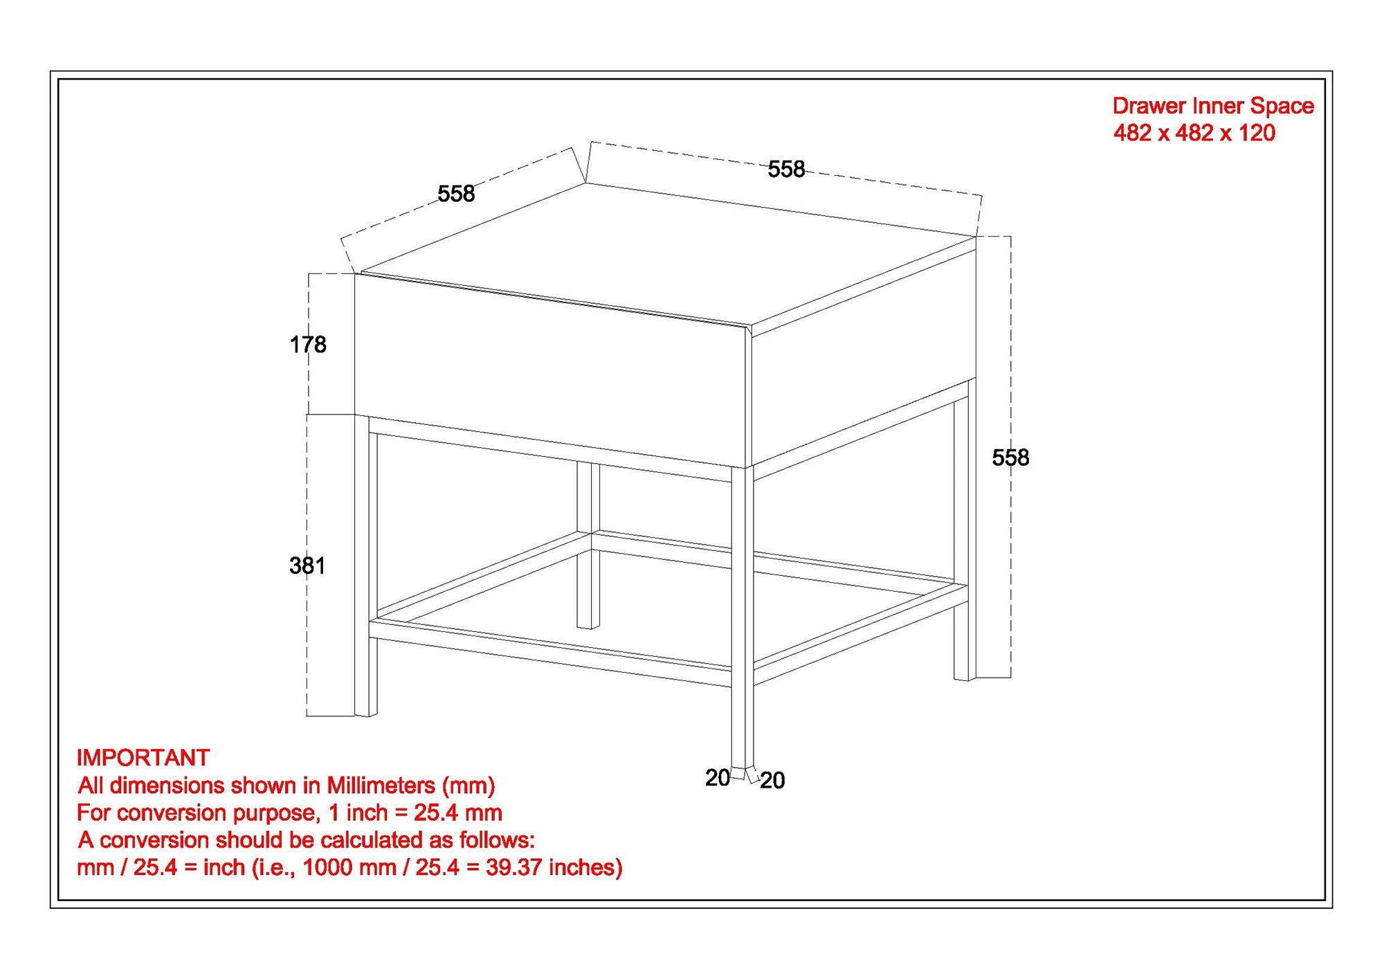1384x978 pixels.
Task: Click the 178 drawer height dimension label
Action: coord(308,345)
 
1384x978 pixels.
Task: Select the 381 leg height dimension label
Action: coord(307,566)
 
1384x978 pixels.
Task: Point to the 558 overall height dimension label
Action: coord(1010,458)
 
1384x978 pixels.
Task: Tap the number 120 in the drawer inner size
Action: coord(1257,133)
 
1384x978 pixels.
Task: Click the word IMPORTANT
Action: coord(143,758)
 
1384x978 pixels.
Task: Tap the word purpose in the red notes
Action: coord(277,813)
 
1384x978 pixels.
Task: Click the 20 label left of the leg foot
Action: coord(718,778)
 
